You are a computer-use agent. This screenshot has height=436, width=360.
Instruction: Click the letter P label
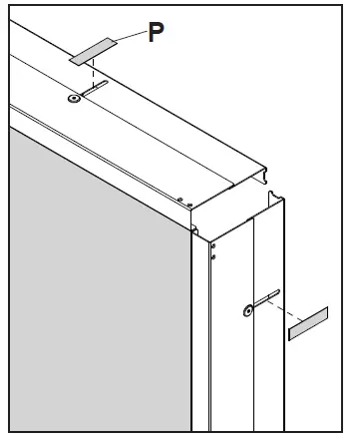[x=157, y=32]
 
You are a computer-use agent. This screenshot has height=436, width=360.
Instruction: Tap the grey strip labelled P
[x=90, y=52]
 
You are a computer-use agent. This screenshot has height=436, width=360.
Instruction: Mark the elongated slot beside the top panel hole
[x=97, y=90]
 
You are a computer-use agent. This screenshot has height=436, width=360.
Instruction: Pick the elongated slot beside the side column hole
[x=265, y=298]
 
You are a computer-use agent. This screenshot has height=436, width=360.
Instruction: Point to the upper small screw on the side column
[x=212, y=245]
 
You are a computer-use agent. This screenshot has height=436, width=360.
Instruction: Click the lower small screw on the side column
[x=212, y=256]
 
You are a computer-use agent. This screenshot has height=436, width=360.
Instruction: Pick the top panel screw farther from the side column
[x=179, y=199]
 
